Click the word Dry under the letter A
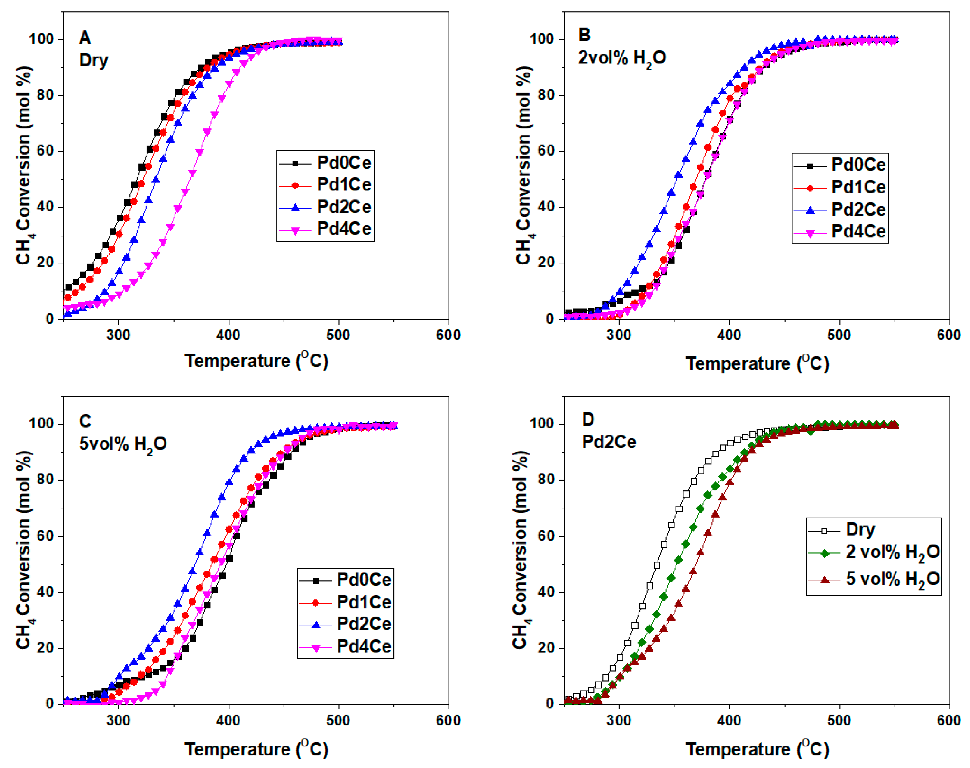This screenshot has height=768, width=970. click(94, 60)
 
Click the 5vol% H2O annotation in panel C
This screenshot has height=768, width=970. click(123, 444)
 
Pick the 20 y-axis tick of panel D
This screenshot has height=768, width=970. click(546, 648)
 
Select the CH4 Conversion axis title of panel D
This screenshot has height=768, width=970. click(521, 550)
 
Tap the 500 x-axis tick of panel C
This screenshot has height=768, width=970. click(338, 720)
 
